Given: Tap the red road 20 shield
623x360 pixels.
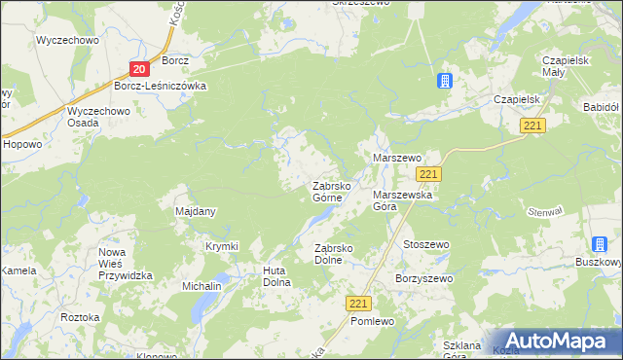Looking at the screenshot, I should [139, 68].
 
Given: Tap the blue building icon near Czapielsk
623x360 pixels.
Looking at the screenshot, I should [445, 82].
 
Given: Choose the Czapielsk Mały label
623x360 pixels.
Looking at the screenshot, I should [568, 66].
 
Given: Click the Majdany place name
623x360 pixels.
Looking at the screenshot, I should [195, 211].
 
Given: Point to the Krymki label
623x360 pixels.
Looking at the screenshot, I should [221, 246].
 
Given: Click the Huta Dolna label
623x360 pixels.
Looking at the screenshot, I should [277, 276].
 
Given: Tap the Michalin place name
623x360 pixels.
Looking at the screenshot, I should [202, 287].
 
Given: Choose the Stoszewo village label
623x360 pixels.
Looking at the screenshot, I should [426, 244].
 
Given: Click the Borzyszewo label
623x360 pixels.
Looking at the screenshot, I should [423, 278].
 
